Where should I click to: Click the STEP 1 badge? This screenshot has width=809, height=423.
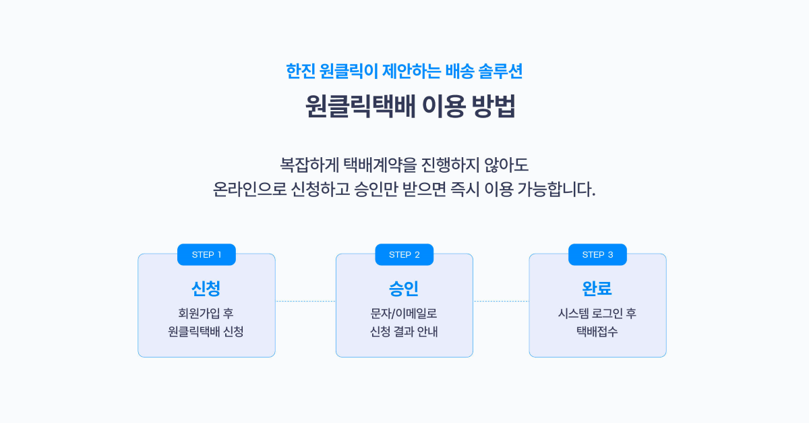tap(206, 254)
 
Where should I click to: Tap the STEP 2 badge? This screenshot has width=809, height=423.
tap(404, 254)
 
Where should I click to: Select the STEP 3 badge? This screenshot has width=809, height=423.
tap(597, 254)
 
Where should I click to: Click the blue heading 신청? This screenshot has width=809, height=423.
tap(206, 289)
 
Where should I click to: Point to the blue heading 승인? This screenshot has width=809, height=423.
tap(404, 289)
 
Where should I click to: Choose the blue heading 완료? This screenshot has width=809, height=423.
tap(597, 289)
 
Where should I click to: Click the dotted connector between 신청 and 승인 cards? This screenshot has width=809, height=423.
tap(305, 301)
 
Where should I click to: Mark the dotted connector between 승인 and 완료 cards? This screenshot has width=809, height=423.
tap(502, 301)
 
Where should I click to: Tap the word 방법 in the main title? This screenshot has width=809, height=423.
tap(493, 106)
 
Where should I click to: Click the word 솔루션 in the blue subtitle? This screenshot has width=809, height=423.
tap(500, 71)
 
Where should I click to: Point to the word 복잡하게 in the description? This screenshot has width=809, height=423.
tap(309, 165)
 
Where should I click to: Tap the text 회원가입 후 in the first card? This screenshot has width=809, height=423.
tap(206, 313)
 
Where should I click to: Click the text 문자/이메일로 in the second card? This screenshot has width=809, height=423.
tap(404, 313)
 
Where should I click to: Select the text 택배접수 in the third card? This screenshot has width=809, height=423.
tap(597, 331)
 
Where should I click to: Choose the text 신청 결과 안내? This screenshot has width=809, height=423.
tap(404, 331)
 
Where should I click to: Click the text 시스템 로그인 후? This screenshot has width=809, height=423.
tap(597, 313)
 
